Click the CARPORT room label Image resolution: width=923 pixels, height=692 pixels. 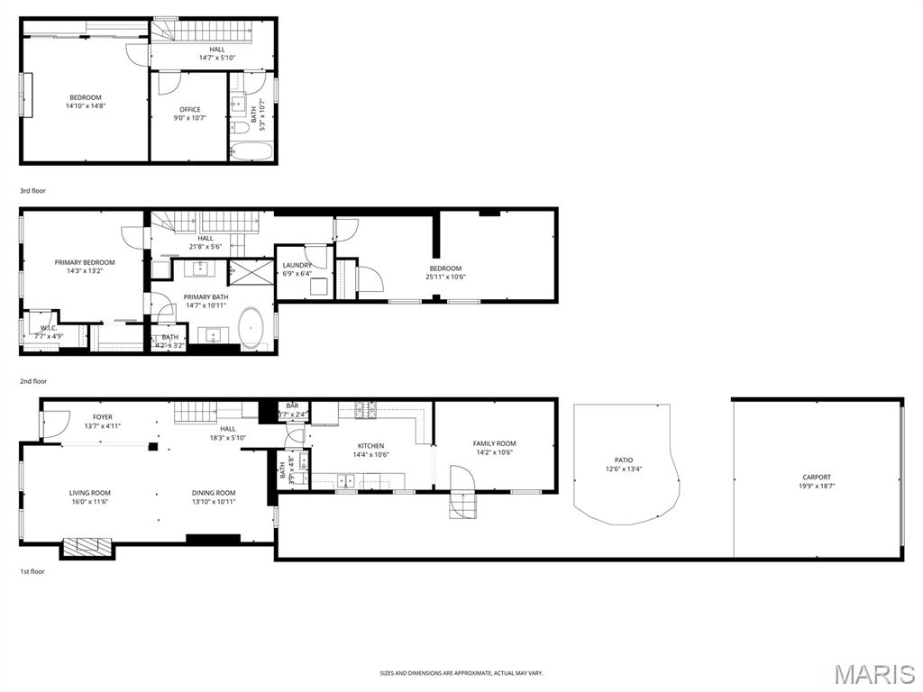pyautogui.click(x=817, y=478)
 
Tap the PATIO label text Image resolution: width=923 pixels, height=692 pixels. pyautogui.click(x=624, y=460)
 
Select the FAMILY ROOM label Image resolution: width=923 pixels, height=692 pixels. pyautogui.click(x=494, y=443)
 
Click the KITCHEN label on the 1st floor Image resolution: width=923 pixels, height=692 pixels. pyautogui.click(x=370, y=446)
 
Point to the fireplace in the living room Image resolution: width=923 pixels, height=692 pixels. pyautogui.click(x=87, y=546)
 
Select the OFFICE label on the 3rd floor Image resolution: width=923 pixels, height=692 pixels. pyautogui.click(x=189, y=110)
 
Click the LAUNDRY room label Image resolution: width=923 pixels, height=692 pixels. pyautogui.click(x=297, y=266)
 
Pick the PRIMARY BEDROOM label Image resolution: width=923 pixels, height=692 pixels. pyautogui.click(x=85, y=262)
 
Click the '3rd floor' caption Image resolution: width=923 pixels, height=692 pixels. pyautogui.click(x=32, y=191)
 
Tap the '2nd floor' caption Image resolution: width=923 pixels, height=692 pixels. pyautogui.click(x=32, y=381)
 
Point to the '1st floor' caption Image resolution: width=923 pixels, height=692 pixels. pyautogui.click(x=32, y=571)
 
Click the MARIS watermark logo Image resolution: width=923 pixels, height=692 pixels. pyautogui.click(x=874, y=674)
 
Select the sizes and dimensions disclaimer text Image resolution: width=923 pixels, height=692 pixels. pyautogui.click(x=461, y=673)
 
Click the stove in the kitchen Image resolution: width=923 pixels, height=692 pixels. pyautogui.click(x=366, y=410)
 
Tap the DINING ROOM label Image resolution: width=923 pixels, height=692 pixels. pyautogui.click(x=214, y=493)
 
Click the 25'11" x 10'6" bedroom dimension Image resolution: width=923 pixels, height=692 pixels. pyautogui.click(x=445, y=277)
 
